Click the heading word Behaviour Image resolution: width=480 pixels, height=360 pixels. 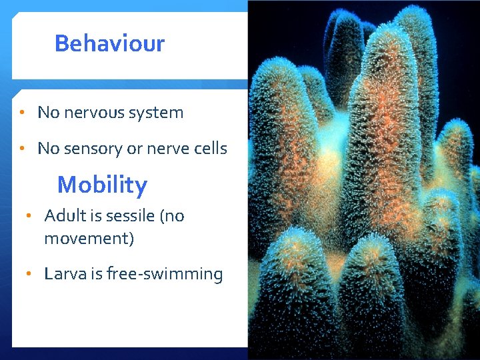109,44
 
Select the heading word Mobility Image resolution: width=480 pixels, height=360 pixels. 102,185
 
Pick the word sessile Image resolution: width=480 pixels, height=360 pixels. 130,216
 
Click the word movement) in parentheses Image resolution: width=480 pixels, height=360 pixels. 89,239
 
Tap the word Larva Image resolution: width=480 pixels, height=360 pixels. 64,274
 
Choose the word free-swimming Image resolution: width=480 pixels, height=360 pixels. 169,274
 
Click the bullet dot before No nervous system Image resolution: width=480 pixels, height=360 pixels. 23,113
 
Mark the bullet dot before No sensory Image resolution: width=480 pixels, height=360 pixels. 23,149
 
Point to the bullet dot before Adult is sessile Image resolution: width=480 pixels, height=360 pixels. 29,216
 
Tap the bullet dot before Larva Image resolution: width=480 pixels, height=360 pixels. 29,274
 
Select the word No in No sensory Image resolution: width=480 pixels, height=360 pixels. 48,149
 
